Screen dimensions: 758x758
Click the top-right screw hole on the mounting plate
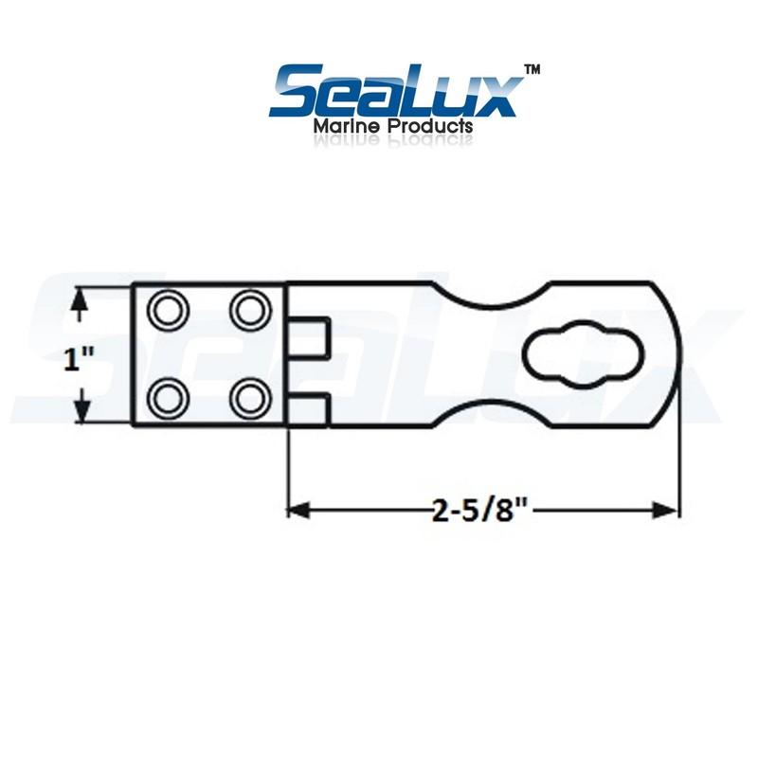point(249,308)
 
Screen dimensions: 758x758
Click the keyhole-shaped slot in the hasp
point(575,353)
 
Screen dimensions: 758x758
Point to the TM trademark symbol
point(532,70)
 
